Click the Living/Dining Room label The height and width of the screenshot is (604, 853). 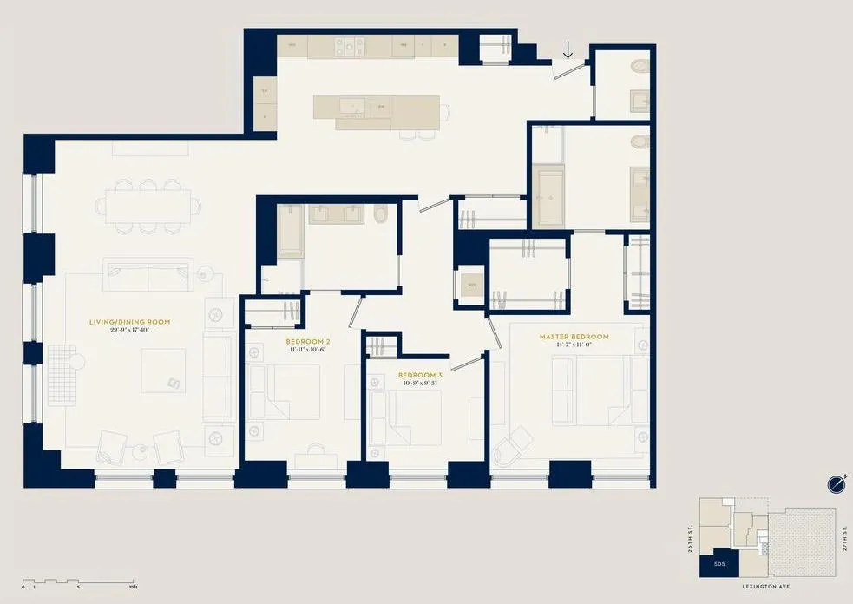point(130,322)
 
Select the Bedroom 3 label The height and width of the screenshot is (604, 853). point(420,375)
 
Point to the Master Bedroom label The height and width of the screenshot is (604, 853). point(574,337)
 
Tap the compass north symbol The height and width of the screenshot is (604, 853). point(837,483)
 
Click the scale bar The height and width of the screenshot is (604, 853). point(78,581)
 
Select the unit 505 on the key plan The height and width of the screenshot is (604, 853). point(720,562)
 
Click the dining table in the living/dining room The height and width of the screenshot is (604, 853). point(148,206)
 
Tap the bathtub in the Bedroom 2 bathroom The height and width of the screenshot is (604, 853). point(291,229)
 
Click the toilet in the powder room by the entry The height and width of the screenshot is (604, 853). point(640,66)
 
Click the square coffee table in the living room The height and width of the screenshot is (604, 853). point(164,371)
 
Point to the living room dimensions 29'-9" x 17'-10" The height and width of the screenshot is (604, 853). point(130,331)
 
